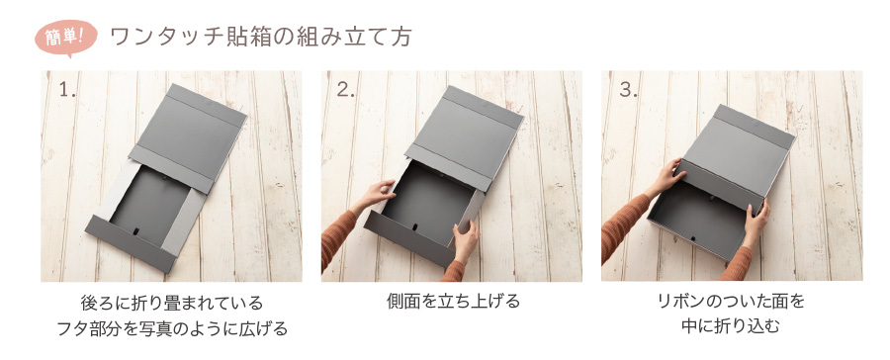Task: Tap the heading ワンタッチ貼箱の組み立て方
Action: tap(260, 37)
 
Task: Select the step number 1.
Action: tap(67, 90)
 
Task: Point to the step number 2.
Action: tap(345, 90)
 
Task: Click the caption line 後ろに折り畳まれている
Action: tap(171, 302)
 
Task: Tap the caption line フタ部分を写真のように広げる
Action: tap(171, 327)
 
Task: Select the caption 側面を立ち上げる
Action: tap(453, 302)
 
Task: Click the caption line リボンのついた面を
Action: tap(732, 302)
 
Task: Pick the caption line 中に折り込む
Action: tap(732, 326)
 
